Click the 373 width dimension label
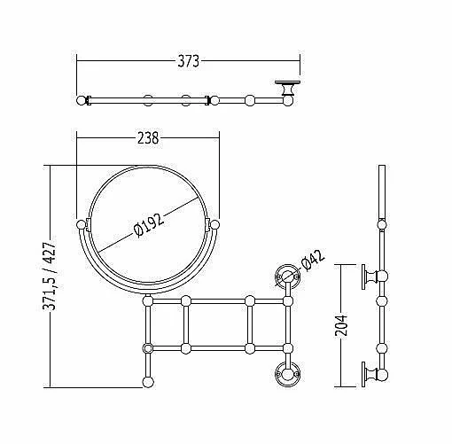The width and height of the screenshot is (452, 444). click(x=188, y=61)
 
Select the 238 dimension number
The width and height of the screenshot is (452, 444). click(x=148, y=138)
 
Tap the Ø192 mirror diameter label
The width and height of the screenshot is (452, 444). click(x=149, y=225)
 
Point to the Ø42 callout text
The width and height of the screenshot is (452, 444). click(x=313, y=260)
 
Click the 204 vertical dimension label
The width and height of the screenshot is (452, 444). click(x=341, y=325)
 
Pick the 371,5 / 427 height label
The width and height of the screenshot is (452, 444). click(x=49, y=276)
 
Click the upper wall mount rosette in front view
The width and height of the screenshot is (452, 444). click(x=287, y=277)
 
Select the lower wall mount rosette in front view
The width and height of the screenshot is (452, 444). click(x=287, y=374)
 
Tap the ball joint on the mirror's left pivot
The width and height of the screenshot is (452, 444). click(x=81, y=225)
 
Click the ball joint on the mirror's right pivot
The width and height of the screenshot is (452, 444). click(x=214, y=225)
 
